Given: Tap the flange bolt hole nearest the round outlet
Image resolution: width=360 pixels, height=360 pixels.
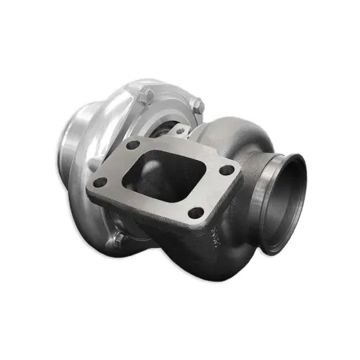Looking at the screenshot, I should pos(227,170).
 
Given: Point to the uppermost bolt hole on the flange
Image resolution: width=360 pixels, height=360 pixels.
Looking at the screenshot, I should pos(133,145).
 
